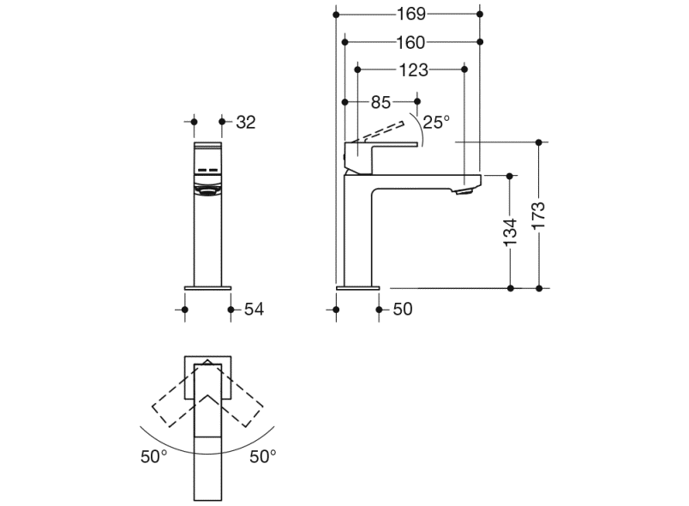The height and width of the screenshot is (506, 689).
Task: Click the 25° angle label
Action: click(x=435, y=122)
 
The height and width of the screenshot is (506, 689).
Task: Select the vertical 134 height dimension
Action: click(x=510, y=232)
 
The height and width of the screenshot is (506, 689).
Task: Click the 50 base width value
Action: click(x=402, y=309)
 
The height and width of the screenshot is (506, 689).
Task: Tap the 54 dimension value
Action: click(x=253, y=309)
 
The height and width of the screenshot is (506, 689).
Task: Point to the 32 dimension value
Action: click(x=246, y=122)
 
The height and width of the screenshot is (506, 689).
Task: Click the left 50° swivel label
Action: click(x=154, y=457)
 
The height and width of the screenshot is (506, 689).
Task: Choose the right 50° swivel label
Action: click(x=263, y=457)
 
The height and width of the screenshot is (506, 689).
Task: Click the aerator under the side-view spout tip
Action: click(x=464, y=191)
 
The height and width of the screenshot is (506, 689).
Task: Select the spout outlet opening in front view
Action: click(x=208, y=192)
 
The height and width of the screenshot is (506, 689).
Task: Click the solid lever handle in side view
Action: click(x=386, y=145)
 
